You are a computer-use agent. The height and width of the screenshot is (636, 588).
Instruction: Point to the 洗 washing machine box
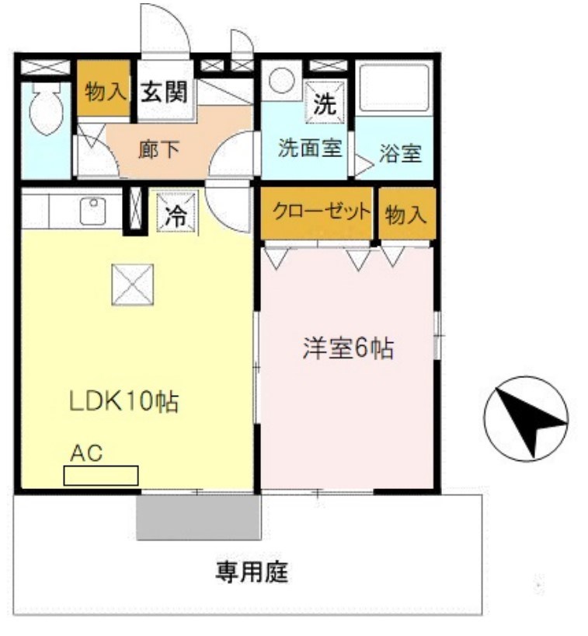(x=325, y=103)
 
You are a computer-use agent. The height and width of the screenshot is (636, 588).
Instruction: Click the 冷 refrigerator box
(x=177, y=215)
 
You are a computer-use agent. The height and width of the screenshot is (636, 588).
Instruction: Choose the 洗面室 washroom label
(x=310, y=148)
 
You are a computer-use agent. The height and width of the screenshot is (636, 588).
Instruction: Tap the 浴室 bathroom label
(x=400, y=153)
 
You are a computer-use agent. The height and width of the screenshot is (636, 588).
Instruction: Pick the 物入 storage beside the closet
(x=406, y=214)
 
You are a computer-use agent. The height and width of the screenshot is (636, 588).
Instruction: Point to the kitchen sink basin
(x=93, y=210)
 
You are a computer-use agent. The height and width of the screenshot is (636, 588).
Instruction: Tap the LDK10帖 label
(x=124, y=402)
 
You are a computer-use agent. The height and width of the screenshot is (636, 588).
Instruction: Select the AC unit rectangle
(x=101, y=474)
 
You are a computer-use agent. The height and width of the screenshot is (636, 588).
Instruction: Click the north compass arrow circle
(x=525, y=418)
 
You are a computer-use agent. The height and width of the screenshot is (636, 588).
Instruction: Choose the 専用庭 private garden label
(x=252, y=574)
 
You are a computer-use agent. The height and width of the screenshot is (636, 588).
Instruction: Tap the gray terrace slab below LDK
(x=198, y=516)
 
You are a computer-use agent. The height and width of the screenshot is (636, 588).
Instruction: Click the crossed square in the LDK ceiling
(x=132, y=284)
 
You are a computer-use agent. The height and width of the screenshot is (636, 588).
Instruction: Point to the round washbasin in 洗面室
(x=280, y=81)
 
